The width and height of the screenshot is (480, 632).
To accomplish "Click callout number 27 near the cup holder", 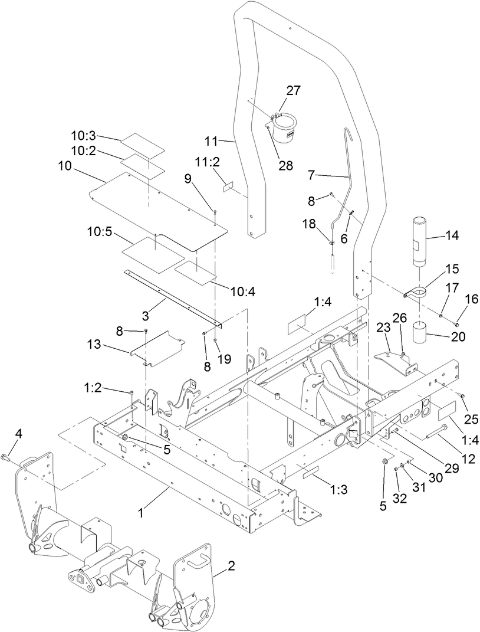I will [293, 90].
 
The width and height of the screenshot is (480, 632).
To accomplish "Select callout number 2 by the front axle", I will [231, 566].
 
